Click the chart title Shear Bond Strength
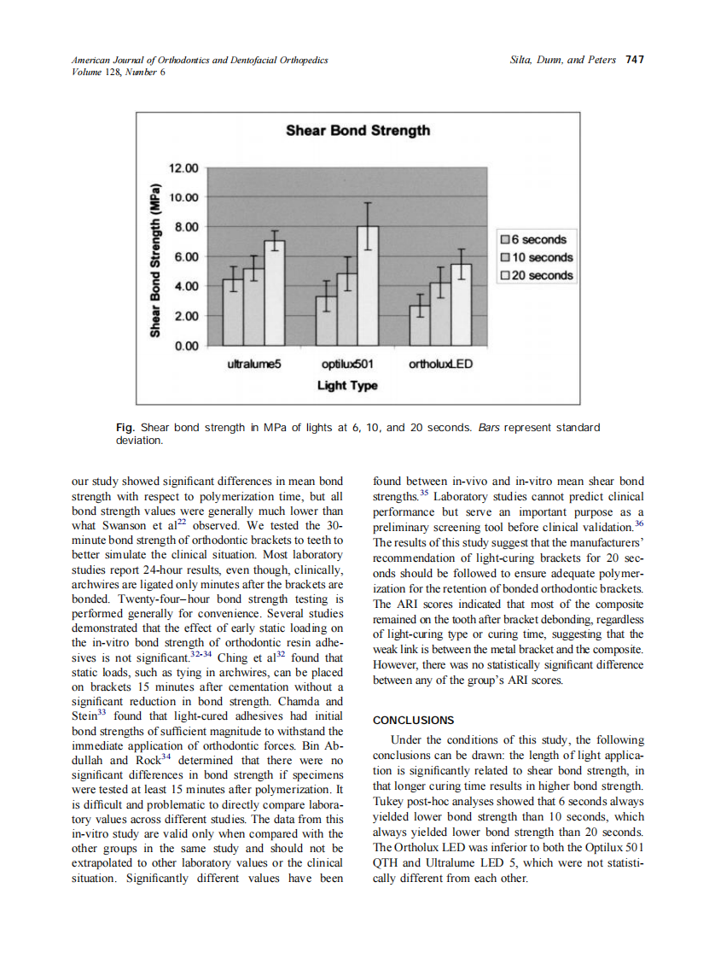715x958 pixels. [x=357, y=131]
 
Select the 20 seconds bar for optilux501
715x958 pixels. [x=368, y=285]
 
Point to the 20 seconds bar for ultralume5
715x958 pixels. [x=274, y=293]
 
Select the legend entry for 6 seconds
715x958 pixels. [x=535, y=240]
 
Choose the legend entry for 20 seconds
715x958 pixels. [x=535, y=276]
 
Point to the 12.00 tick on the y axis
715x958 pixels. [x=183, y=167]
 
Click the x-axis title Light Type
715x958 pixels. [x=346, y=386]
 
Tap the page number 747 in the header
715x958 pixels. [x=634, y=60]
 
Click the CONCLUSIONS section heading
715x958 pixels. [x=414, y=720]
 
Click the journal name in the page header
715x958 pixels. [x=200, y=60]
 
